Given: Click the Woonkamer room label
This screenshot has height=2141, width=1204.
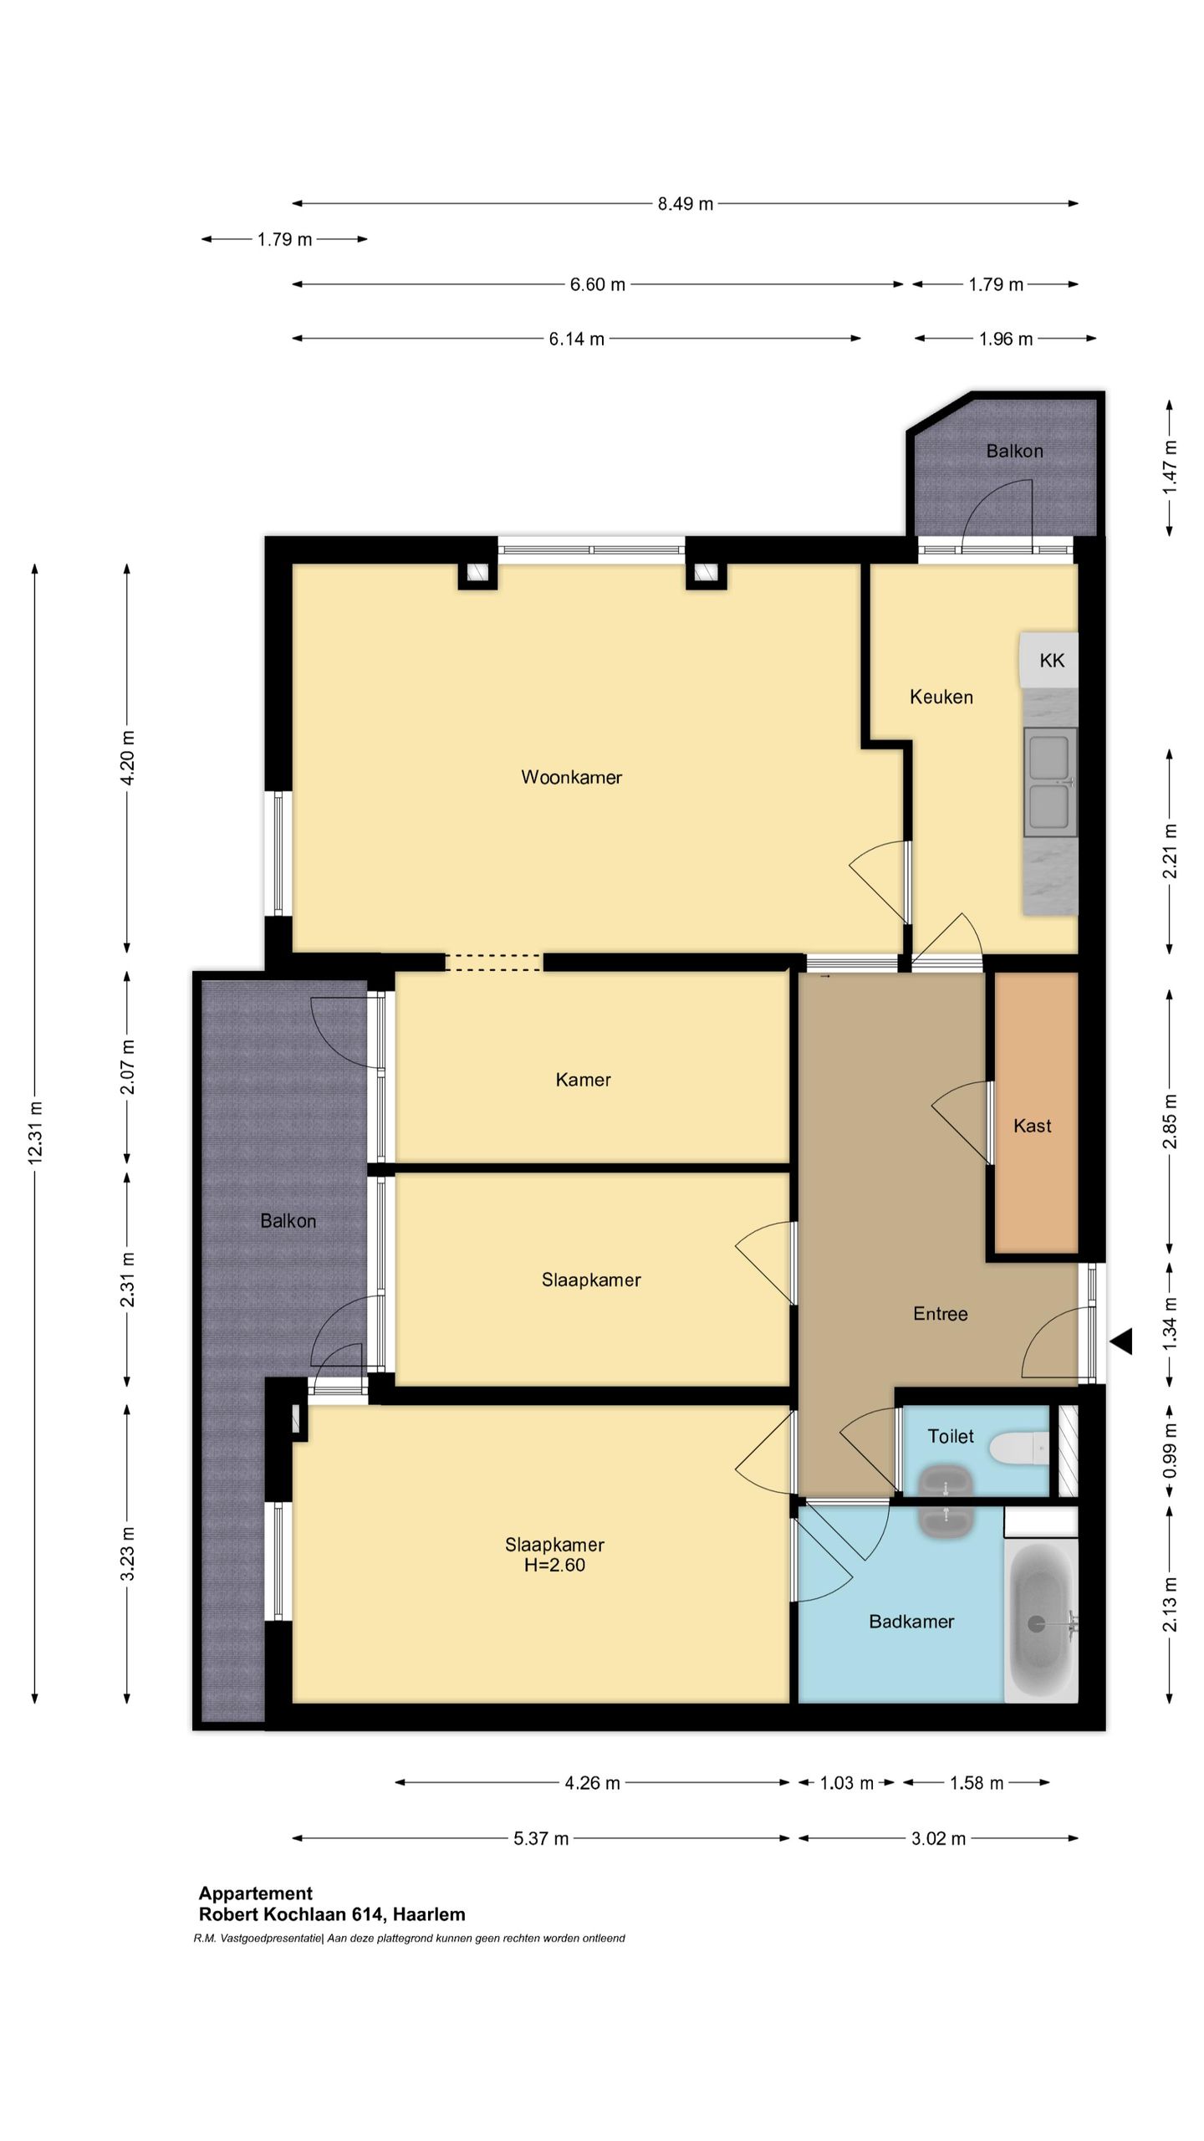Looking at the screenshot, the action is (x=571, y=777).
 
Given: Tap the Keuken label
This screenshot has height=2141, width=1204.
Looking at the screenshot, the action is (x=941, y=697).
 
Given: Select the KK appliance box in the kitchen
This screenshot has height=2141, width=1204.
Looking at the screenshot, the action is (x=1048, y=660).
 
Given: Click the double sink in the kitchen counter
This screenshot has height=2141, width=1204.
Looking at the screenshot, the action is (x=1050, y=782).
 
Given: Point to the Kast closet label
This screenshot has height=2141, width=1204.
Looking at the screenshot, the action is (x=1032, y=1126).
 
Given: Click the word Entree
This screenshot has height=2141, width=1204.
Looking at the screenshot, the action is (x=941, y=1314).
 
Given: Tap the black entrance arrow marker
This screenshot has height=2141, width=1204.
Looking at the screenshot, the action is (x=1121, y=1341).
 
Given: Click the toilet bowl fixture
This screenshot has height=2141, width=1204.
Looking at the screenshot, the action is (x=1018, y=1449).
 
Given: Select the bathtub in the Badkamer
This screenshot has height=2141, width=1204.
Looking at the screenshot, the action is (x=1041, y=1623).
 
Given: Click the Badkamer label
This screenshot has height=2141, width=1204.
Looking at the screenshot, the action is (x=911, y=1622).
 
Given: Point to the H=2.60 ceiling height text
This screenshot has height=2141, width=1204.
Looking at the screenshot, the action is (x=554, y=1565).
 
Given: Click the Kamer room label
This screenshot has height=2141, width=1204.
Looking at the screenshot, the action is (x=583, y=1080).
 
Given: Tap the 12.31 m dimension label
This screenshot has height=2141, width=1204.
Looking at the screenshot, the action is (x=34, y=1133).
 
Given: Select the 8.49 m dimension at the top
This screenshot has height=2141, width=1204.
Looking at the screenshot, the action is (x=686, y=204).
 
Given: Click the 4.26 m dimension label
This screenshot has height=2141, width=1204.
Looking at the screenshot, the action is (x=592, y=1783).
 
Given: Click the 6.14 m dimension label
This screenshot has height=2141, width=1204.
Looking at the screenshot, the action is (x=576, y=340).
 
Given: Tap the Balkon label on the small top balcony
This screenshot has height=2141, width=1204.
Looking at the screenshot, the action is (x=1014, y=452).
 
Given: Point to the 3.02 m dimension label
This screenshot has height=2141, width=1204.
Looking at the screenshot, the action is (x=938, y=1839).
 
